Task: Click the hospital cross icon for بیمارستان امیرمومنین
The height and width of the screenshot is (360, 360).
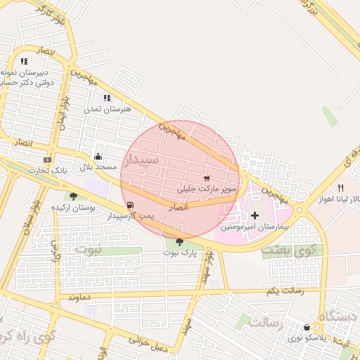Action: coord(255,214)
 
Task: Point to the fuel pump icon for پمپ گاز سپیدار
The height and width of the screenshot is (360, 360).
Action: coord(130,205)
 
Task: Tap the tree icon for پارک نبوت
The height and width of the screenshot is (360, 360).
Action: coord(179,242)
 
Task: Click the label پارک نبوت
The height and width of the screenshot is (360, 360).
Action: coord(176,252)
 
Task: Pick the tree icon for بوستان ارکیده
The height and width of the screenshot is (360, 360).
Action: coord(74,196)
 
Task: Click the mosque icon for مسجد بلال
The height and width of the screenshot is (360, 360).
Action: coord(98,157)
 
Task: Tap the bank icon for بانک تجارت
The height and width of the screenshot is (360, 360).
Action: coord(47,159)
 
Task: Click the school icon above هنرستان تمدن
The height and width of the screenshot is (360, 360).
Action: coord(107,98)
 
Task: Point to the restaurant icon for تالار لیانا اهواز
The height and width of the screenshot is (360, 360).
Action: coord(340,188)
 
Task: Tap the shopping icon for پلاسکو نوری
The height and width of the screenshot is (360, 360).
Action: coord(307,327)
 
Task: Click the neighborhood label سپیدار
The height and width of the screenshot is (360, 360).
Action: coord(141,161)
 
